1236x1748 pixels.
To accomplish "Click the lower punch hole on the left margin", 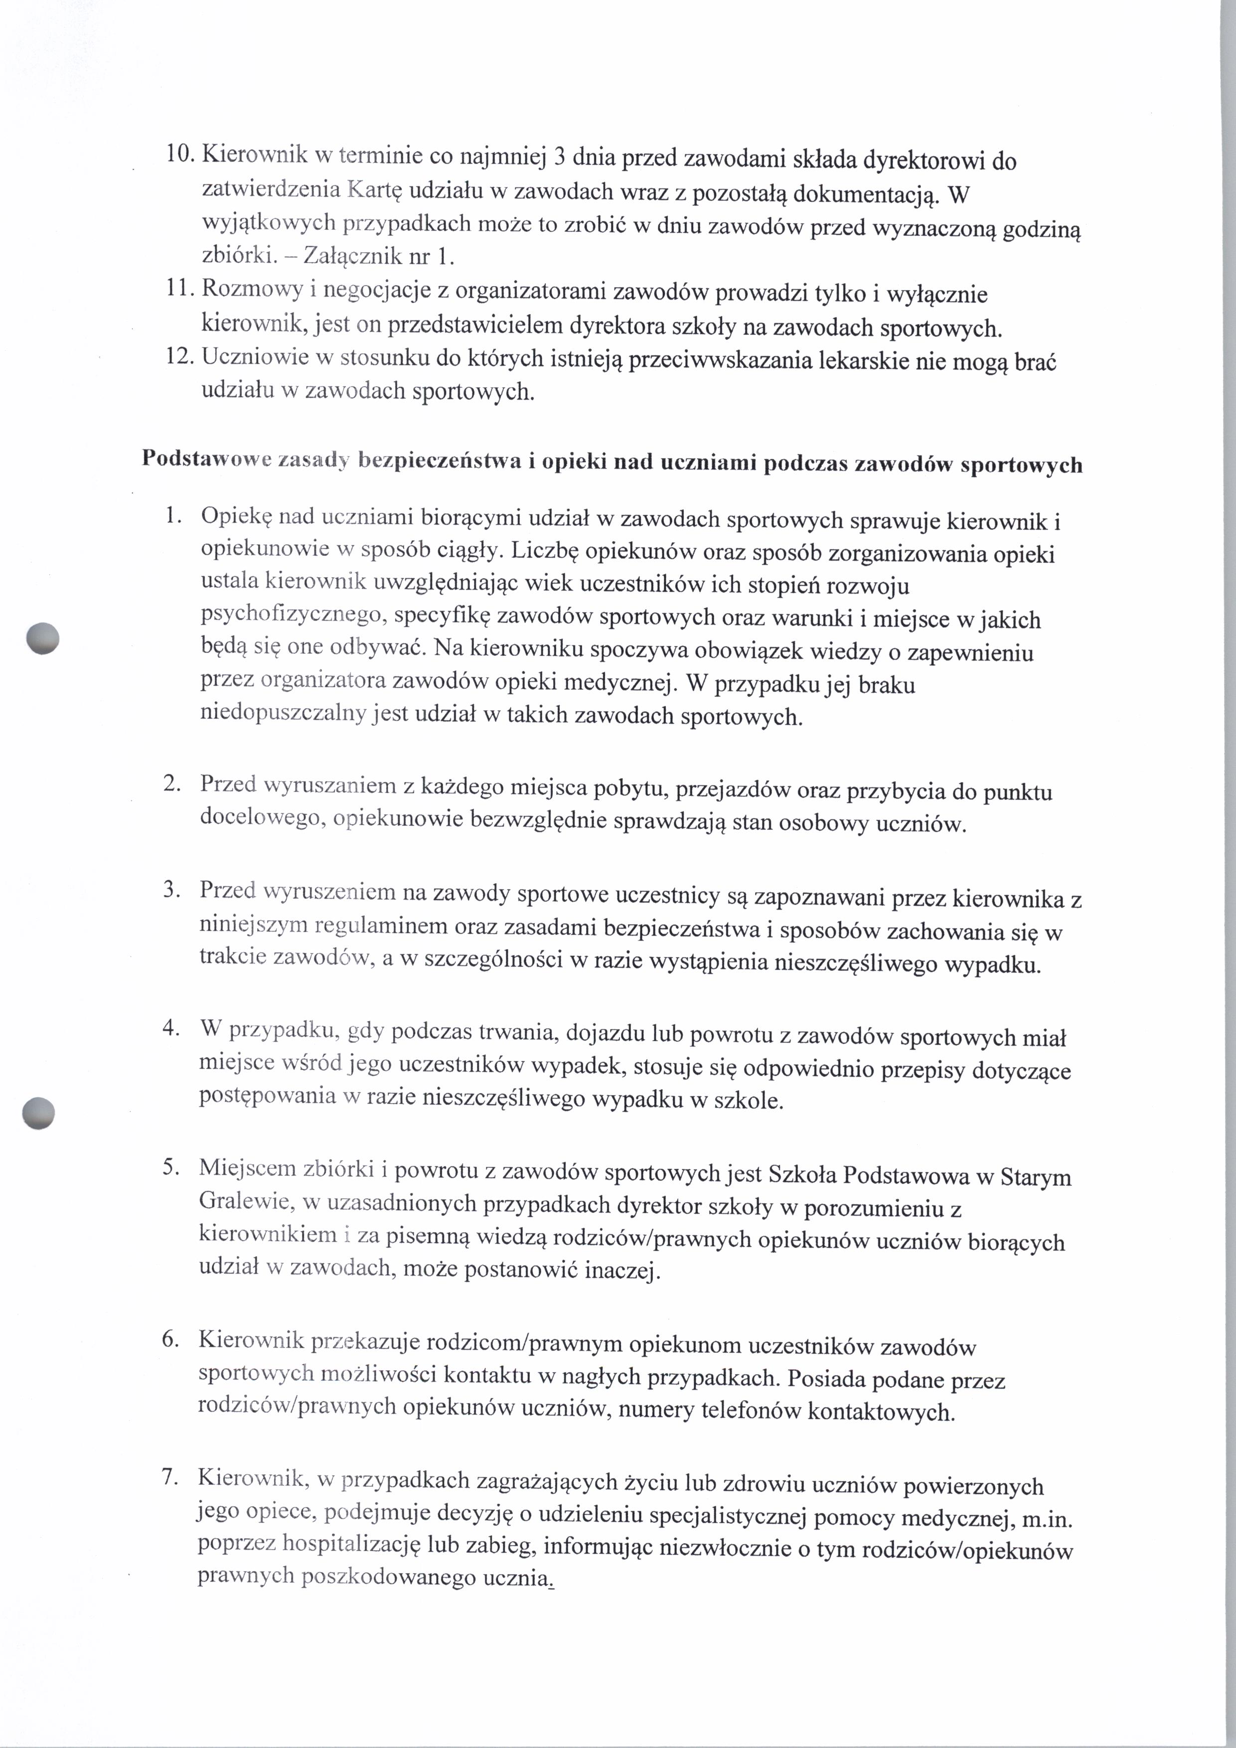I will click(x=39, y=1113).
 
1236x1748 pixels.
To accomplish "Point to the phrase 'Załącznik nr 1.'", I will click(x=379, y=257).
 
